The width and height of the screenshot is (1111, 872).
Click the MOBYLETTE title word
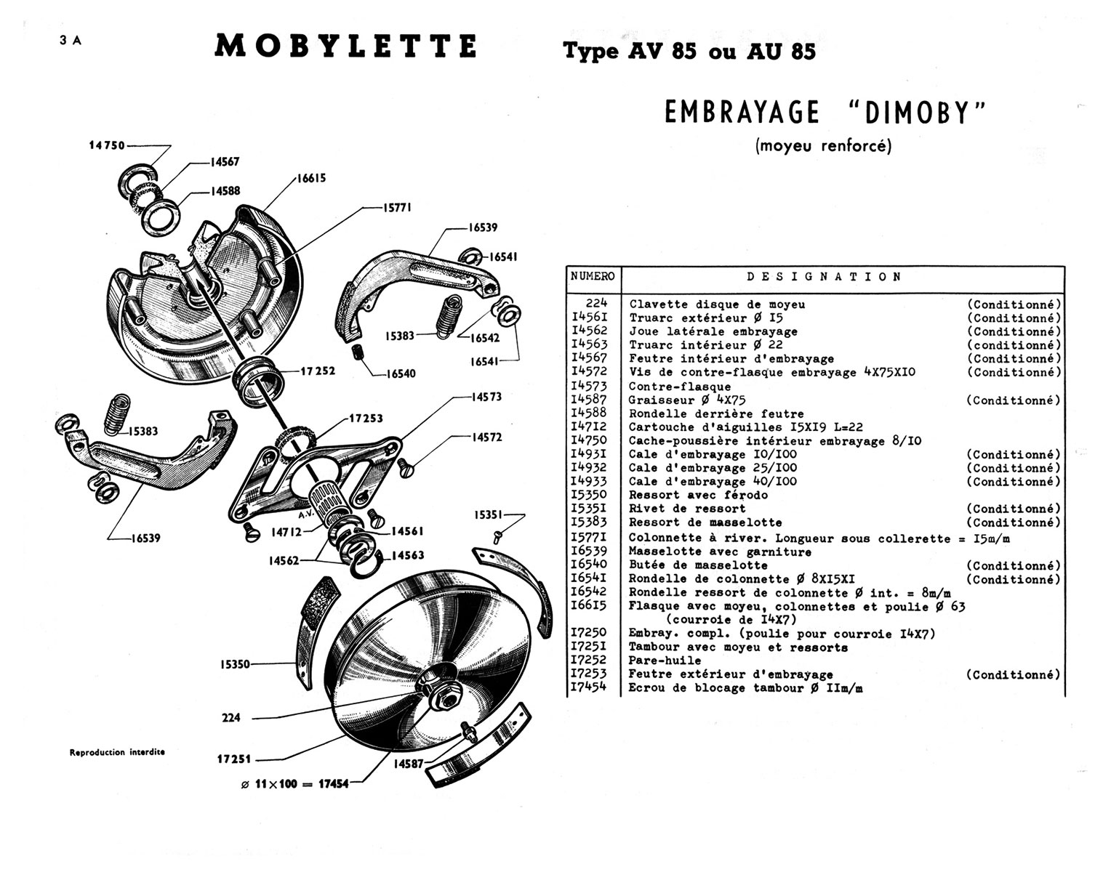point(346,47)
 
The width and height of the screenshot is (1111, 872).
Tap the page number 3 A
point(71,41)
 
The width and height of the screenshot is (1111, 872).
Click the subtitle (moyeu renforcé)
point(823,145)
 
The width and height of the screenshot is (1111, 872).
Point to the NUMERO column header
point(593,277)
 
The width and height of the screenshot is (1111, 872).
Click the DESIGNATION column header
point(825,277)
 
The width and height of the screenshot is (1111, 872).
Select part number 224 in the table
point(595,304)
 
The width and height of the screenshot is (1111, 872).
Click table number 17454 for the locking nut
point(588,687)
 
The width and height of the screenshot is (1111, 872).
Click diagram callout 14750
point(107,145)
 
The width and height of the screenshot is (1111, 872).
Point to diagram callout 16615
point(310,179)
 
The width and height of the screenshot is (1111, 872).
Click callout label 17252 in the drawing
point(318,371)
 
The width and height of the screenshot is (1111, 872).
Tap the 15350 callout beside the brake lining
point(235,664)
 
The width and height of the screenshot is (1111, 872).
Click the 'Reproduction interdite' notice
point(117,752)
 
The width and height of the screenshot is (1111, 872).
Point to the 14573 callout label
point(486,397)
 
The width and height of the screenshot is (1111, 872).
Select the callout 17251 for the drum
point(233,759)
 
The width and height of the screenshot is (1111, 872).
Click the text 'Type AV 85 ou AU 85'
point(689,52)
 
